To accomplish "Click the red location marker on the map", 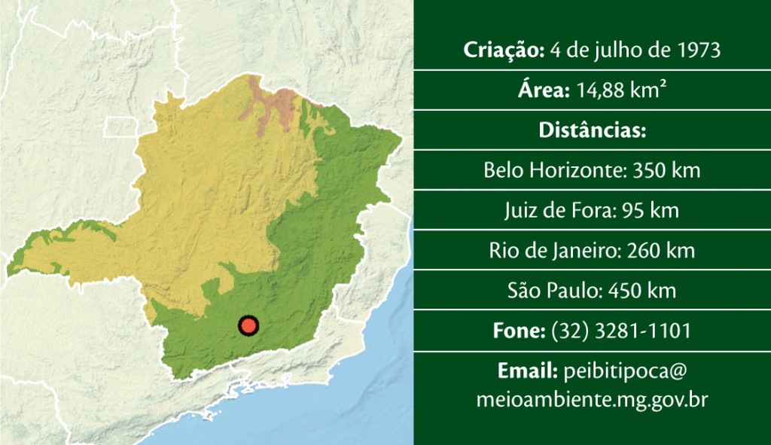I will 248,325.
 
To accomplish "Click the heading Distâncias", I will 592,130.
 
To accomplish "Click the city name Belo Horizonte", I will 553,170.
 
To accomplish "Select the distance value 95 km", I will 651,210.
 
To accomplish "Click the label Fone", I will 519,330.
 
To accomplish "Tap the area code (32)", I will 565,330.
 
